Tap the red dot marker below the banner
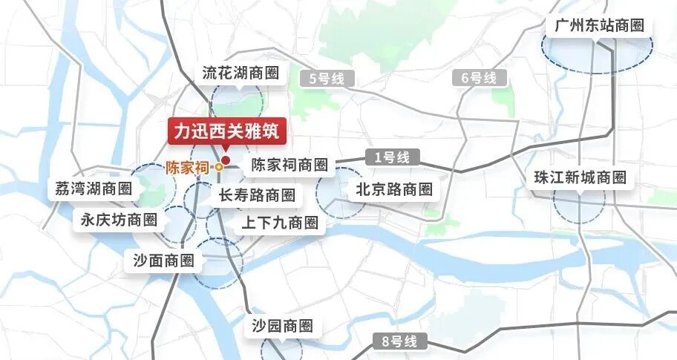click(226, 159)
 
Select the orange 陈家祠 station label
click(187, 168)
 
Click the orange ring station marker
click(219, 168)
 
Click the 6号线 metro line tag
click(479, 77)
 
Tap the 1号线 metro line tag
click(392, 157)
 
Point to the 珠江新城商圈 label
click(580, 178)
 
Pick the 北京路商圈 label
click(393, 189)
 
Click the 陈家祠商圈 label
click(289, 165)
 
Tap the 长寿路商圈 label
click(257, 195)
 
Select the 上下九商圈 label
click(280, 223)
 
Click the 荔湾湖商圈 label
click(94, 189)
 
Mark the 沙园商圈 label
click(281, 326)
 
